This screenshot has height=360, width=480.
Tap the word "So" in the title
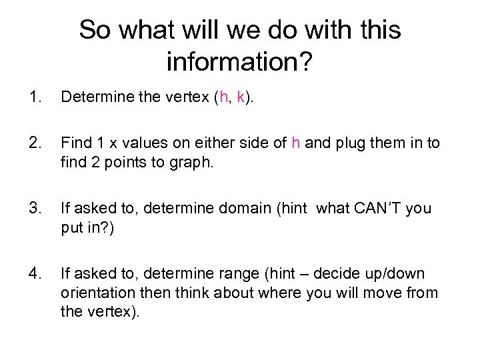(94, 30)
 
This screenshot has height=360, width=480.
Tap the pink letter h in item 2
(296, 143)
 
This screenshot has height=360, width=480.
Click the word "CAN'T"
(377, 209)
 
